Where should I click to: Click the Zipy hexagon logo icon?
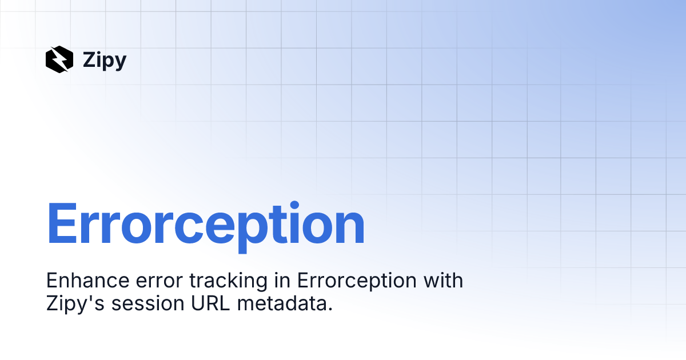coord(59,59)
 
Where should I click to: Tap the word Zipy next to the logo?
coord(105,59)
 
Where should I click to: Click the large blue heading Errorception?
coord(205,225)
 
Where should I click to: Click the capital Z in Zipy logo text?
coord(89,59)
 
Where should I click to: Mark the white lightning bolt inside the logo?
coord(59,59)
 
